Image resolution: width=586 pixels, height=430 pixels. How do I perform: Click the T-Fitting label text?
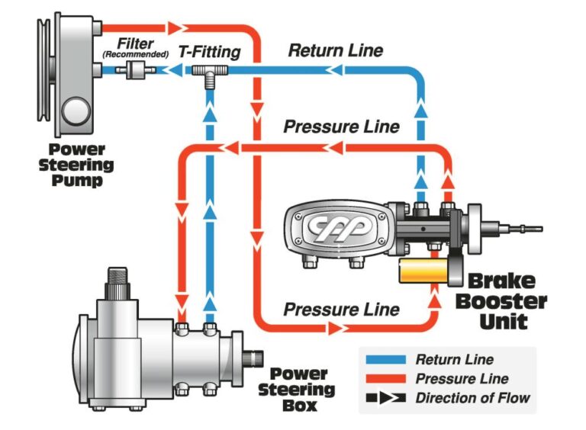[x=209, y=53]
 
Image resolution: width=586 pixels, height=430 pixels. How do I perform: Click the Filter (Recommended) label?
[x=136, y=49]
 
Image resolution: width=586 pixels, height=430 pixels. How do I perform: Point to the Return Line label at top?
[x=336, y=51]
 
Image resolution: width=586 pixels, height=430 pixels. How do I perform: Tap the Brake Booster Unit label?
[x=504, y=300]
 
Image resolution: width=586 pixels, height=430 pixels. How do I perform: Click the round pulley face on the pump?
[x=76, y=111]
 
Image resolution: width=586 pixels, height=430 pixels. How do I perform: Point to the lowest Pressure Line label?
[x=341, y=310]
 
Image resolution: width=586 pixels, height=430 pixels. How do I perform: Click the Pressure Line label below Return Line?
[x=341, y=127]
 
